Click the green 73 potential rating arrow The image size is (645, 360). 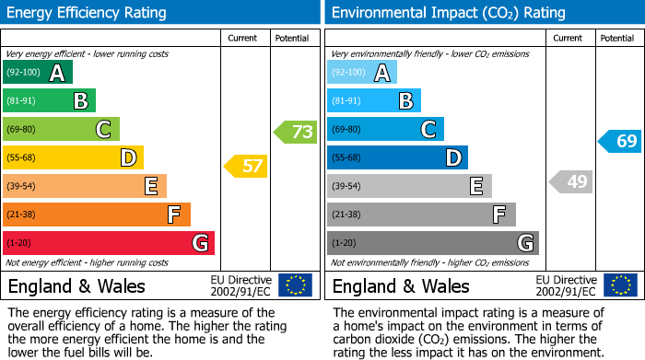(x=296, y=132)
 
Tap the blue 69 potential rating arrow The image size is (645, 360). (x=620, y=141)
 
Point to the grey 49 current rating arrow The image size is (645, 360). (x=570, y=181)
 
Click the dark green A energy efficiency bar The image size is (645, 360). (x=38, y=73)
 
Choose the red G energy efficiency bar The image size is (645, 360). (x=109, y=243)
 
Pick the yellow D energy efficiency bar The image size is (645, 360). (x=73, y=157)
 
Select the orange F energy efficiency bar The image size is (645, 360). (x=97, y=215)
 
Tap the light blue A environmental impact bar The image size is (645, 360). (x=362, y=73)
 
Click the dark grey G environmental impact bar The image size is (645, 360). (x=432, y=243)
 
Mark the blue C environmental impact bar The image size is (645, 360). (x=385, y=129)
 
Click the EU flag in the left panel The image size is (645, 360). (x=295, y=285)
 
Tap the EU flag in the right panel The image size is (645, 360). (x=619, y=285)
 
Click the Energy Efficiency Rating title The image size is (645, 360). (x=88, y=13)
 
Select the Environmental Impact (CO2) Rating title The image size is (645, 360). (x=448, y=13)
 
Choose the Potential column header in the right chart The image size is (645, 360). (x=616, y=38)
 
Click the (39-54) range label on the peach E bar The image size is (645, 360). (x=21, y=187)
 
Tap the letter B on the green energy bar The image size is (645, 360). (x=80, y=101)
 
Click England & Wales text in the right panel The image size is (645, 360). (x=401, y=286)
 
